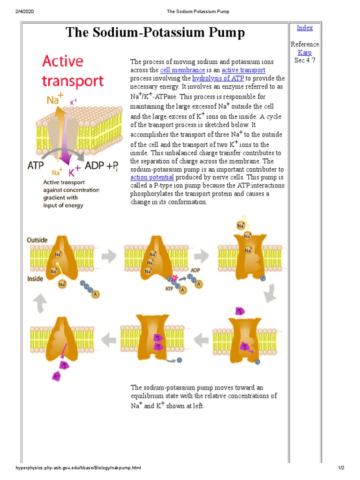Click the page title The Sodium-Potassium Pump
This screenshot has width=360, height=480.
click(155, 32)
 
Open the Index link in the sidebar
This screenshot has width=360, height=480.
click(305, 28)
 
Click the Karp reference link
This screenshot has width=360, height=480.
click(305, 52)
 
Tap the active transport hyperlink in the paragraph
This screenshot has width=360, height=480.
click(243, 70)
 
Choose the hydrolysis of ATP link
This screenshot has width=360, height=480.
click(218, 79)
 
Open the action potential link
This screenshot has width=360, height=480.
click(152, 178)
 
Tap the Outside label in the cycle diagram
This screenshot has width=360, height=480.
click(37, 240)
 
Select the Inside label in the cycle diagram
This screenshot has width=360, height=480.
click(36, 278)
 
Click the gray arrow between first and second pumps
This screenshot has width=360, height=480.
click(109, 256)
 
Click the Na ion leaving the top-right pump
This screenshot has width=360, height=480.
click(241, 225)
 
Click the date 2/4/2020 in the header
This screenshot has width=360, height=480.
click(20, 11)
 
